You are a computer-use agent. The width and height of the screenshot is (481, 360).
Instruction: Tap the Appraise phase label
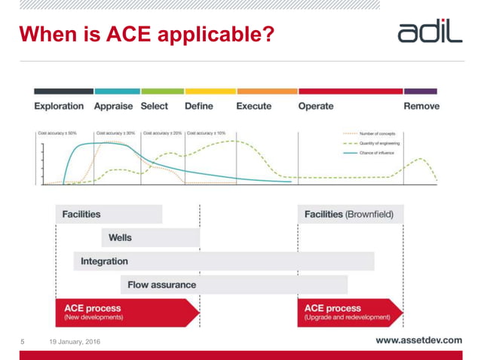point(113,106)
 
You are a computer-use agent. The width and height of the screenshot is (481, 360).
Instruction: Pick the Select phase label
point(155,106)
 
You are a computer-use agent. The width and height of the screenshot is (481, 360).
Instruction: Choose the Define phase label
point(198,106)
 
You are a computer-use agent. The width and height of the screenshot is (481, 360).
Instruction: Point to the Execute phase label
point(253,106)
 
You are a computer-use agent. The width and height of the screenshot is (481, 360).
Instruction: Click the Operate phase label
point(315,106)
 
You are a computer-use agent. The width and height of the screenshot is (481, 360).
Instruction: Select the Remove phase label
point(421,106)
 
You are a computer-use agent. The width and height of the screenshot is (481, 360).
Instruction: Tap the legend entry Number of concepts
point(376,134)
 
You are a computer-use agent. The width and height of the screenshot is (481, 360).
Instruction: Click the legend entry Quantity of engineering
point(379,143)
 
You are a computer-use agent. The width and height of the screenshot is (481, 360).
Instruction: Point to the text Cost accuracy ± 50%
point(57,133)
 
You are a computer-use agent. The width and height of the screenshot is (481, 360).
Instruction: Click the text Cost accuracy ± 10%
point(206,133)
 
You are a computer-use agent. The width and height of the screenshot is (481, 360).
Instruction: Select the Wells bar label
point(120,237)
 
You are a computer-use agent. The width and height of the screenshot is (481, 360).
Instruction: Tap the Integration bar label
point(104,261)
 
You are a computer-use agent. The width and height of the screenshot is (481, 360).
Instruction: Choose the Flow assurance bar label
point(161,285)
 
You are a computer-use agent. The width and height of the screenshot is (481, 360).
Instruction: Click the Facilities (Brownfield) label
point(348,215)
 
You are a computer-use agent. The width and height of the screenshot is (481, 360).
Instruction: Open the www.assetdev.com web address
point(418,340)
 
